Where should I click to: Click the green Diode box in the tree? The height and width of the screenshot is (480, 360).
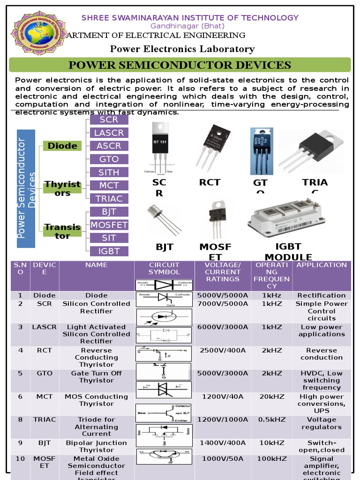point(62,146)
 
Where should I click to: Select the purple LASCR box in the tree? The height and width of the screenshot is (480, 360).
point(109,133)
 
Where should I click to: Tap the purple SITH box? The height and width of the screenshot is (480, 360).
point(109,172)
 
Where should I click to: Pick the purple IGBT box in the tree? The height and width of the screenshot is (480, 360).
point(109,251)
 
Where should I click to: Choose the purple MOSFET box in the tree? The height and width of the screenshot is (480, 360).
point(109,225)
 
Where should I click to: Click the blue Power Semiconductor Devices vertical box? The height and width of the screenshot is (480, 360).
point(26,188)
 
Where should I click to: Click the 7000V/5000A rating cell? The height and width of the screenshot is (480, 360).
point(223,304)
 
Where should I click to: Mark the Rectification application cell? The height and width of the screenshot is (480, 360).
point(322,295)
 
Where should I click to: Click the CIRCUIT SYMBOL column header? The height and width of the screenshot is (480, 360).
point(164,269)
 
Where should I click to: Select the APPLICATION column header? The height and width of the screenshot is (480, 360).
point(322,265)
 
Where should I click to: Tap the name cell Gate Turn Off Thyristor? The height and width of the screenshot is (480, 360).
point(96,377)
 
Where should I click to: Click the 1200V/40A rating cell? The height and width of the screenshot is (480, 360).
point(223,397)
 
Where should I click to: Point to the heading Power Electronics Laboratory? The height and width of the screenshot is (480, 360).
point(182,49)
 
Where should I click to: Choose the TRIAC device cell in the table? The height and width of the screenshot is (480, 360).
point(45,420)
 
